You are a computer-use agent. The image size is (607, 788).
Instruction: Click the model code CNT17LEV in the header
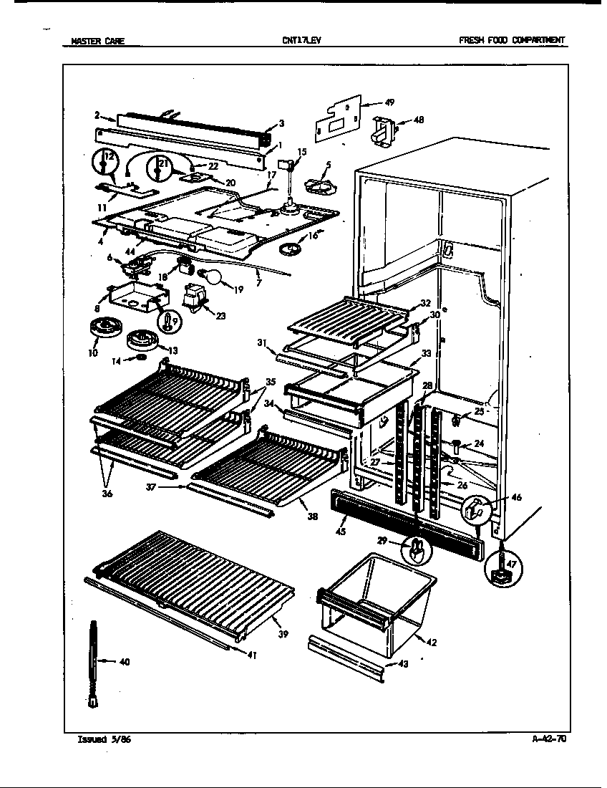[x=301, y=41]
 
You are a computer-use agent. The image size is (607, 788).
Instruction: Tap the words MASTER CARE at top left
[x=98, y=41]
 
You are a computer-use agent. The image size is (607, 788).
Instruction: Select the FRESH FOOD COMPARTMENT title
[x=512, y=41]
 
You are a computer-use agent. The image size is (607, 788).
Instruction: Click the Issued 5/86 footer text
[x=104, y=740]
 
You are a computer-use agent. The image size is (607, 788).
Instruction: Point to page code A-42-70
[x=549, y=740]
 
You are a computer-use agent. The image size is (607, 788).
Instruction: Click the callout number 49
[x=389, y=103]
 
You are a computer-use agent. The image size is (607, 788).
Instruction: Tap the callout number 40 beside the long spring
[x=124, y=662]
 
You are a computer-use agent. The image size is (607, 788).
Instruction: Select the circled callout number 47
[x=512, y=565]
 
